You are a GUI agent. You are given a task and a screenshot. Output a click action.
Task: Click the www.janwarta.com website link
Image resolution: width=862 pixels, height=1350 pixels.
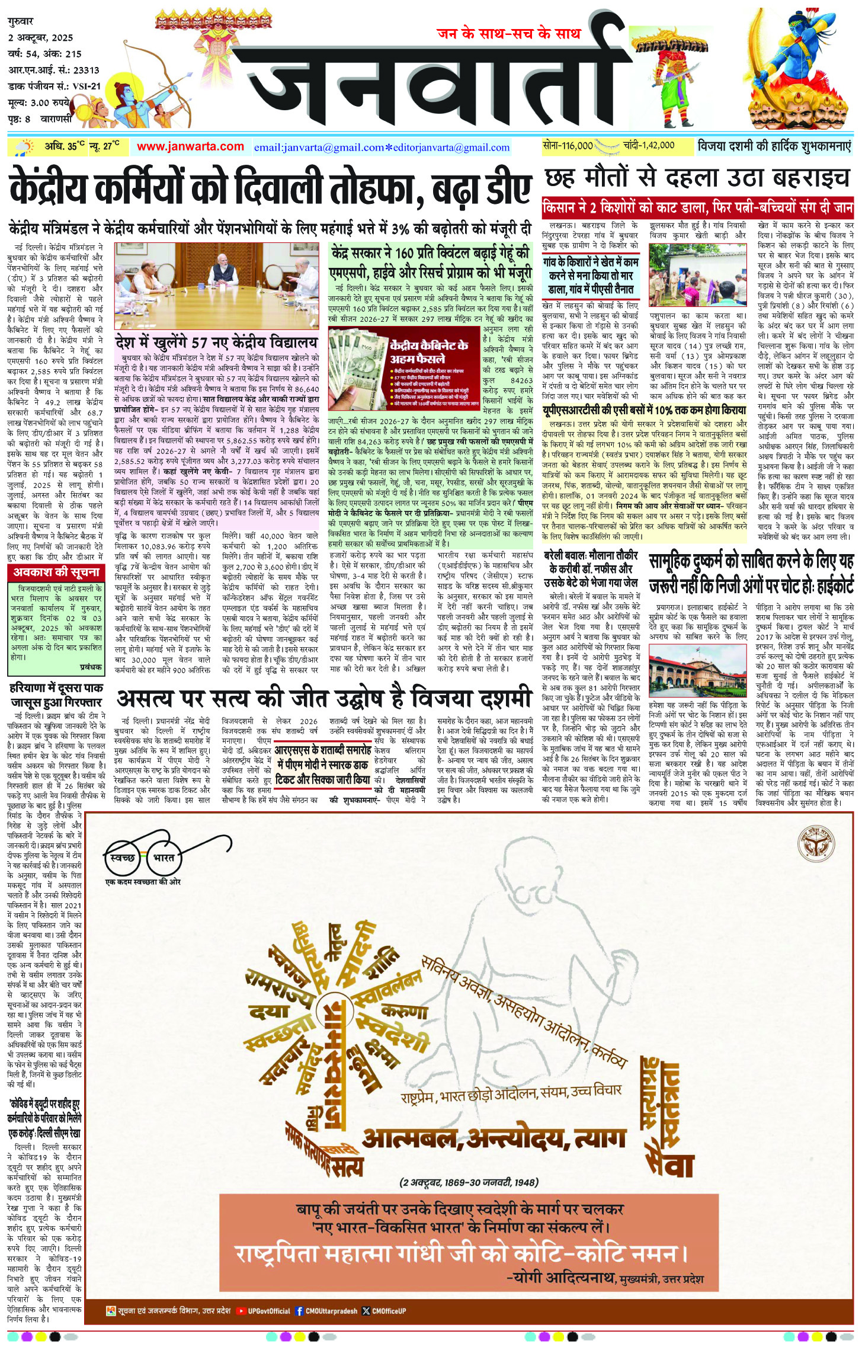click(x=190, y=146)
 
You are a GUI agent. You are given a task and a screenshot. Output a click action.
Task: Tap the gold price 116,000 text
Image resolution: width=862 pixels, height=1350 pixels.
click(x=568, y=145)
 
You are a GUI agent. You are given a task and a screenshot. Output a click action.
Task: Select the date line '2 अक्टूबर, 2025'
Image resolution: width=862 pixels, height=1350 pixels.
click(x=40, y=37)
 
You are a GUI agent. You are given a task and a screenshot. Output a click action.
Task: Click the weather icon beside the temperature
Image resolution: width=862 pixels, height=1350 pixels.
click(x=24, y=147)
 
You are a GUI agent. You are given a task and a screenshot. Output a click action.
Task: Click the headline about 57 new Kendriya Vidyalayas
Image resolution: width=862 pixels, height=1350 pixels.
click(x=217, y=343)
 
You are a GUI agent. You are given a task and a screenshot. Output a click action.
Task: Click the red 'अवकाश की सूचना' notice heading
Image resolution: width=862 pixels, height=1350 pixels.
click(x=56, y=572)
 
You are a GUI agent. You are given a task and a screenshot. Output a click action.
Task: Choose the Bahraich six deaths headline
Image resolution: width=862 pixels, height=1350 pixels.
click(x=697, y=178)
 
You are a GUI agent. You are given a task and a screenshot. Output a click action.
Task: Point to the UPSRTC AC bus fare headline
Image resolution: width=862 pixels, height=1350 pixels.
click(x=645, y=410)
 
